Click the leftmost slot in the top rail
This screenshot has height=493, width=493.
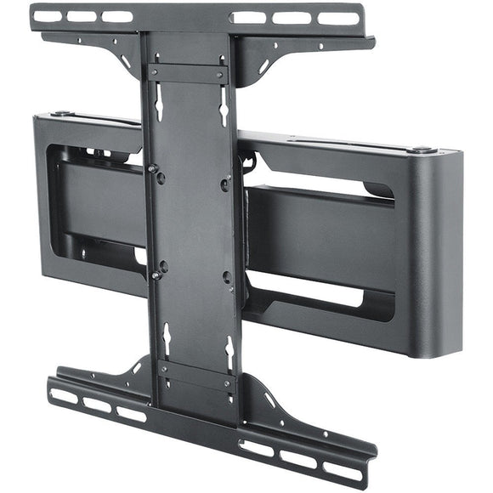(x=48, y=15)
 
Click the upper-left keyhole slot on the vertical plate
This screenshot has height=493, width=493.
(x=159, y=104)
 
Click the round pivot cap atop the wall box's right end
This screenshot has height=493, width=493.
(x=420, y=150)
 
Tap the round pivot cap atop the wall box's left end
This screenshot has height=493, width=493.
(x=60, y=113)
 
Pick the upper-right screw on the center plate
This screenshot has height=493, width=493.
(x=224, y=183)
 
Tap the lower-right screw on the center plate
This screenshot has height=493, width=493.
(x=226, y=277)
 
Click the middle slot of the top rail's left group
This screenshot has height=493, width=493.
(x=82, y=15)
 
